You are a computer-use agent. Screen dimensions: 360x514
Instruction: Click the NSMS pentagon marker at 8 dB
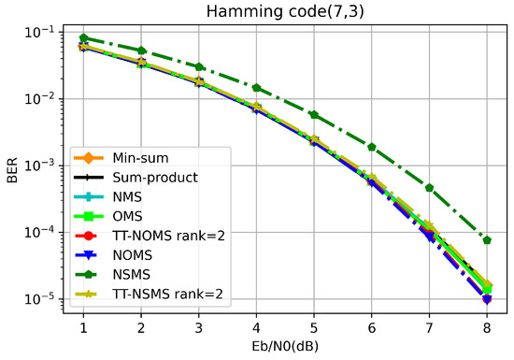[487, 240]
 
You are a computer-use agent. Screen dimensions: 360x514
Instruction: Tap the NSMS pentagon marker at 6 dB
[372, 147]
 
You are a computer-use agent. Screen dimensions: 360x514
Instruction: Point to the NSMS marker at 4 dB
[256, 88]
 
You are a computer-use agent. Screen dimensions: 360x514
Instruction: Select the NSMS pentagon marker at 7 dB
[430, 188]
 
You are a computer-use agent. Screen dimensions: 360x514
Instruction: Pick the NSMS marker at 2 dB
[141, 50]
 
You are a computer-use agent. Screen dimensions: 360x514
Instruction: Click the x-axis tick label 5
[314, 328]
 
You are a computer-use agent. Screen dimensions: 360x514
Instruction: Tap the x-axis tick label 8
[487, 328]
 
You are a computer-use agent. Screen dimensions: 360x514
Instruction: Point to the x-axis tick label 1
[83, 328]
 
